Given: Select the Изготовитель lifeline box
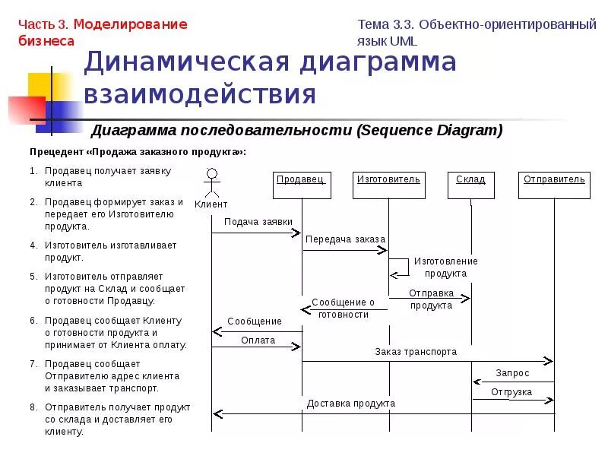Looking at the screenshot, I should [x=388, y=185].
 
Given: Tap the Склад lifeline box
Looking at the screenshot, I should [x=470, y=185].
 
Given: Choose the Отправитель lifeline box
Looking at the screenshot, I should [x=554, y=185].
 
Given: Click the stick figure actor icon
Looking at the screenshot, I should [x=212, y=183].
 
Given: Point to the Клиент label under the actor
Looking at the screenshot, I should [x=211, y=204].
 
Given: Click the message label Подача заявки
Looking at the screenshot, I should [x=258, y=222].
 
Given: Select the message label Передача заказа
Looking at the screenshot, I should [x=345, y=239].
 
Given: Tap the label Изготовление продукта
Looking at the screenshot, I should [x=445, y=267].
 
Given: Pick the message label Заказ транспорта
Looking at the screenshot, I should [x=416, y=352].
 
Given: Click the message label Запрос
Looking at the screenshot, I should [x=512, y=373].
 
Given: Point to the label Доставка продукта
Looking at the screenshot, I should [x=350, y=404].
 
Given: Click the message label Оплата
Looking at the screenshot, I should [x=258, y=340].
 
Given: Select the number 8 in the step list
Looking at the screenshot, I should [x=33, y=407].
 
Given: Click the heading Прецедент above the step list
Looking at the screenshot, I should [x=60, y=152].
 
